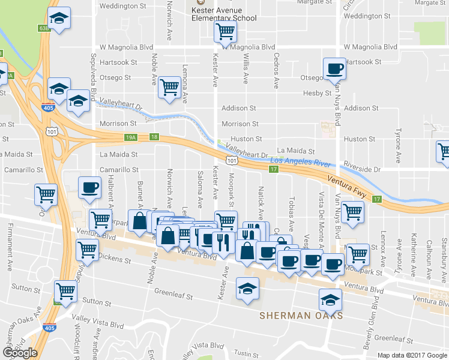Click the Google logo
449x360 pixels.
point(20,353)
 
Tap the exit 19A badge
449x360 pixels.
point(131,137)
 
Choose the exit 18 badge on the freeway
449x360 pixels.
point(154,137)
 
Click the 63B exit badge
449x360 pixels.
point(43,28)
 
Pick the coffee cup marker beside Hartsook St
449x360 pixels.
point(334,68)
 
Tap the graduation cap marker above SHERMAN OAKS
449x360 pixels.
point(247,290)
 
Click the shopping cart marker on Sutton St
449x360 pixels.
point(65,292)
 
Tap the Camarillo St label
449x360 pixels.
point(119,170)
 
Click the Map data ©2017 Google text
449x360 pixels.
point(412,355)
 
